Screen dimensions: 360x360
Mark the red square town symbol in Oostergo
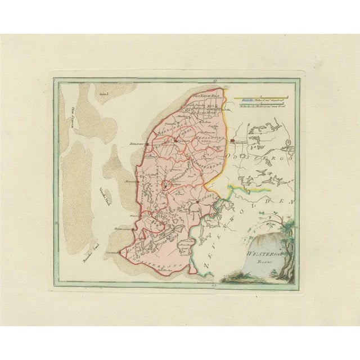point(232,135)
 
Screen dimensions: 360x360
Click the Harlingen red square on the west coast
point(146,143)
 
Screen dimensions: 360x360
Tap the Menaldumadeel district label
point(206,139)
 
